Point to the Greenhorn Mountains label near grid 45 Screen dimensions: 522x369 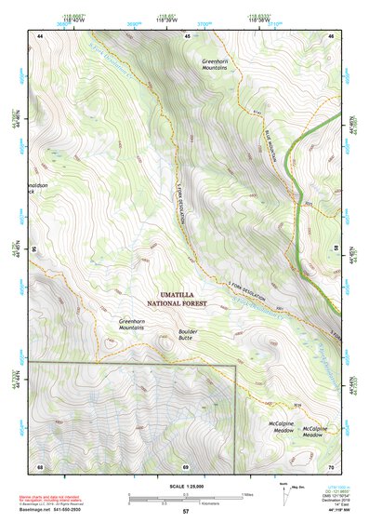[215, 63]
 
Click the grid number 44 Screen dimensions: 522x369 [40, 35]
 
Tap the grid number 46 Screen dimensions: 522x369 [332, 35]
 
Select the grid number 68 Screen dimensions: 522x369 [40, 466]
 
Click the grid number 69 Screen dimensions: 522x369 [185, 466]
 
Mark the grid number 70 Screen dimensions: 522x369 [332, 466]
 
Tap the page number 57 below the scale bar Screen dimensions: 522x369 [185, 512]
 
